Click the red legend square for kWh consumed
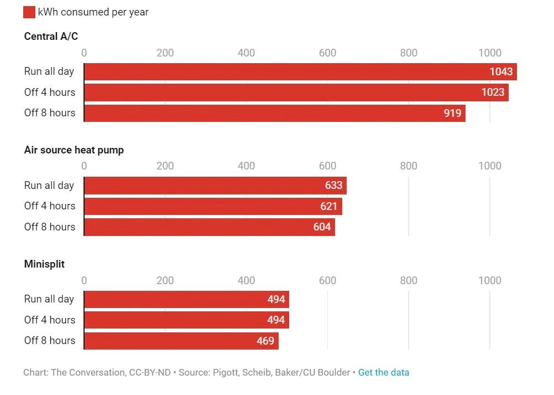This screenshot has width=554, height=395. click(29, 12)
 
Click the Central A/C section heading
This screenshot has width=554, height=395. click(51, 37)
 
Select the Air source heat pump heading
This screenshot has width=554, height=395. click(74, 150)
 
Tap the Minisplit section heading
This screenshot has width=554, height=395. click(44, 264)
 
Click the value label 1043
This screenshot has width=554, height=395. click(501, 71)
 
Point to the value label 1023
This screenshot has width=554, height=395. click(493, 92)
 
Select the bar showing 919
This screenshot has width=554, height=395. click(274, 113)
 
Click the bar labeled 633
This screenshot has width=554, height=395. click(215, 185)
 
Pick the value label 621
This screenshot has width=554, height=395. click(328, 206)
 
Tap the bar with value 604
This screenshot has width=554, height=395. click(209, 227)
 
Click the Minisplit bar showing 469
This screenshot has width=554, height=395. click(181, 341)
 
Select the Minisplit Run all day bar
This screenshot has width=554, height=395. click(186, 300)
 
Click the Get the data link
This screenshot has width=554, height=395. click(384, 372)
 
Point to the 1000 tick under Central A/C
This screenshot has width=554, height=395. click(489, 53)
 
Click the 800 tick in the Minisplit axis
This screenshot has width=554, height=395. click(409, 280)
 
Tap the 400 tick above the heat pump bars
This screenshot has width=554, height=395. click(246, 166)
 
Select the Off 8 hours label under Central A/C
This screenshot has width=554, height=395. click(50, 113)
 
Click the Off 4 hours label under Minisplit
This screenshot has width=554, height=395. click(50, 320)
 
